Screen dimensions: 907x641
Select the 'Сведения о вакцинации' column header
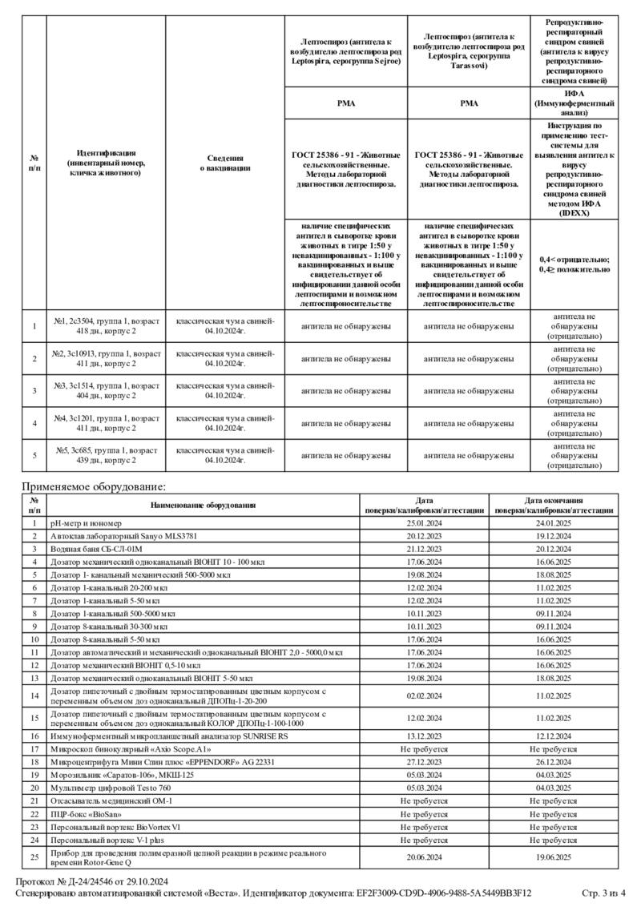point(225,163)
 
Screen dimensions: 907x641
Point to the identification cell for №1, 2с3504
point(106,326)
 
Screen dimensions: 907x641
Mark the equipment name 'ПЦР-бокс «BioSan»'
point(86,813)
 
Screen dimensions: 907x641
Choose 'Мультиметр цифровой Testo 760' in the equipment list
point(111,788)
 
